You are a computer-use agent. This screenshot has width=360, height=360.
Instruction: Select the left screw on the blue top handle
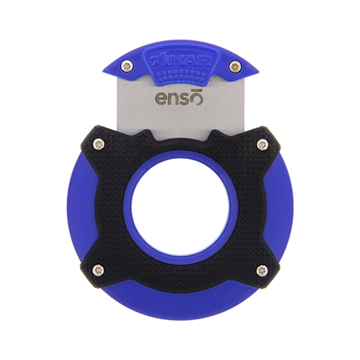(126, 66)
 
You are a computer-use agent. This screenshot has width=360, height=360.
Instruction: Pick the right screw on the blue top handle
(234, 66)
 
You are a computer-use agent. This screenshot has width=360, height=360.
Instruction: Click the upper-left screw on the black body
(99, 145)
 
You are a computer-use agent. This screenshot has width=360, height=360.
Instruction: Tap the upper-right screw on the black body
(262, 145)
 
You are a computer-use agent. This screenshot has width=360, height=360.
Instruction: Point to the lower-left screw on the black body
(98, 270)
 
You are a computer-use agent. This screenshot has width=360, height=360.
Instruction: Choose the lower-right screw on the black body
(262, 270)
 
